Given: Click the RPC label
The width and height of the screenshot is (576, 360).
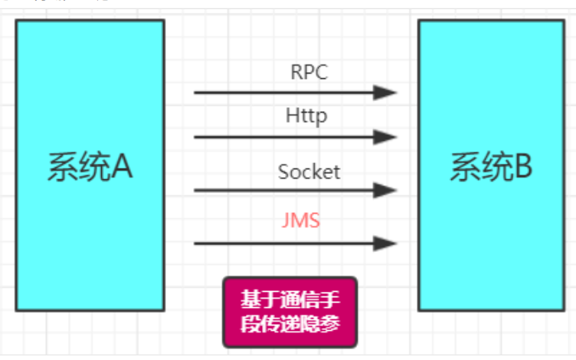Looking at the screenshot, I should [x=309, y=72].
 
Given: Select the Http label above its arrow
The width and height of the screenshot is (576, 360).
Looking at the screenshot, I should [x=306, y=116].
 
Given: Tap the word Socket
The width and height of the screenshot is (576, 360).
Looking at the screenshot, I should [x=309, y=171].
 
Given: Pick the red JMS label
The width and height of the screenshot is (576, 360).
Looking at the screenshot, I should [x=301, y=221].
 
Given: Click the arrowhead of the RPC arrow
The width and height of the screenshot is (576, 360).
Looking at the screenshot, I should [x=385, y=93].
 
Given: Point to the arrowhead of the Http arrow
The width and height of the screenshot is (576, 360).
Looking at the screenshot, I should [x=385, y=137].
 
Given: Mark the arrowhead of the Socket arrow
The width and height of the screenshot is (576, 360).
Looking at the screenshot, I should [x=385, y=190].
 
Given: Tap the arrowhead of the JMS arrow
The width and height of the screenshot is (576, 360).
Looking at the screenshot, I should [x=385, y=244].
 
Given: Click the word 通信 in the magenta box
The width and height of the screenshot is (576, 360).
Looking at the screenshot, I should [x=290, y=299].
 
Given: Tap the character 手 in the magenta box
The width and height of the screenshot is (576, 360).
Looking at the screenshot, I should [x=326, y=299].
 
